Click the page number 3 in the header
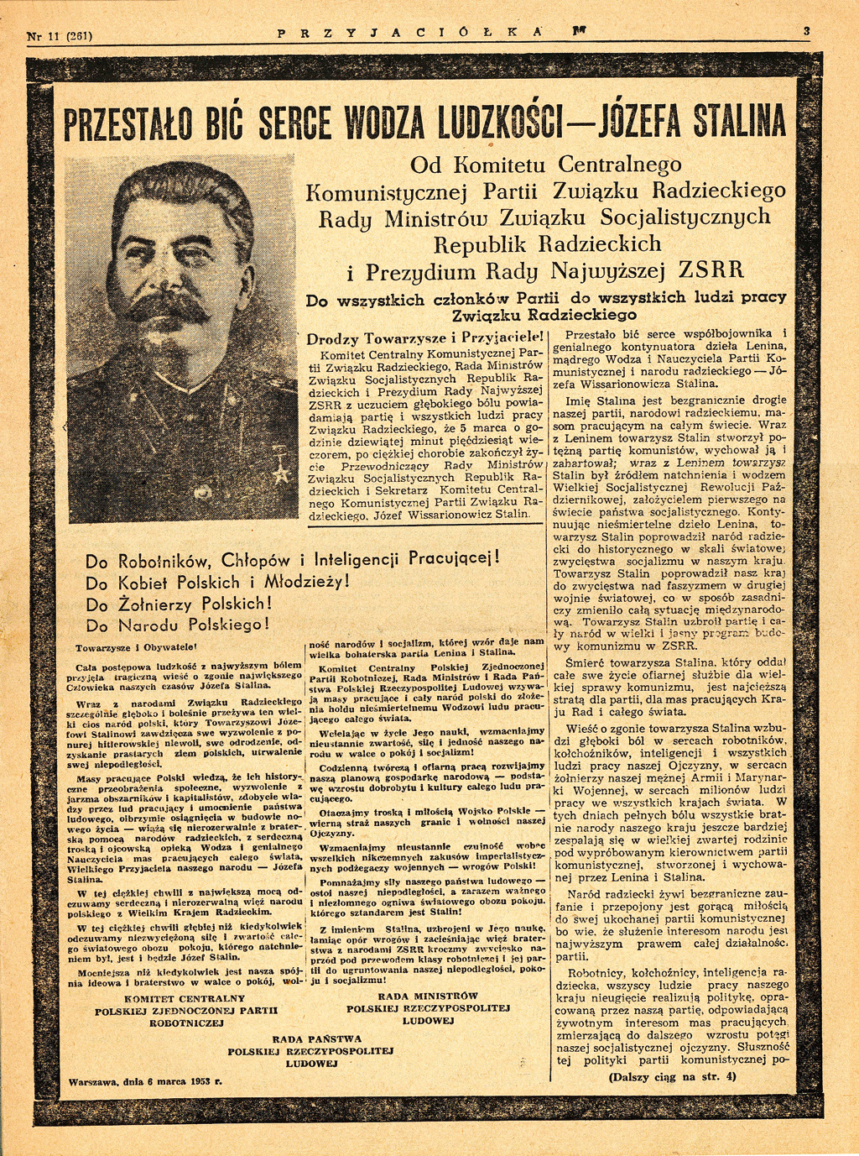[806, 32]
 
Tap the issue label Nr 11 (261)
[60, 35]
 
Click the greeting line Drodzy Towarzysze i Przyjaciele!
[426, 340]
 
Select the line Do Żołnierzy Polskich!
[179, 604]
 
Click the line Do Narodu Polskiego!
[178, 625]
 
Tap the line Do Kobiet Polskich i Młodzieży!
[217, 582]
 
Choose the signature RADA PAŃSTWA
[310, 1038]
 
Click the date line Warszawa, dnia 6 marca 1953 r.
[145, 1082]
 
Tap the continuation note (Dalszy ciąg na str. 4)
[672, 1076]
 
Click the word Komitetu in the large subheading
[500, 165]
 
